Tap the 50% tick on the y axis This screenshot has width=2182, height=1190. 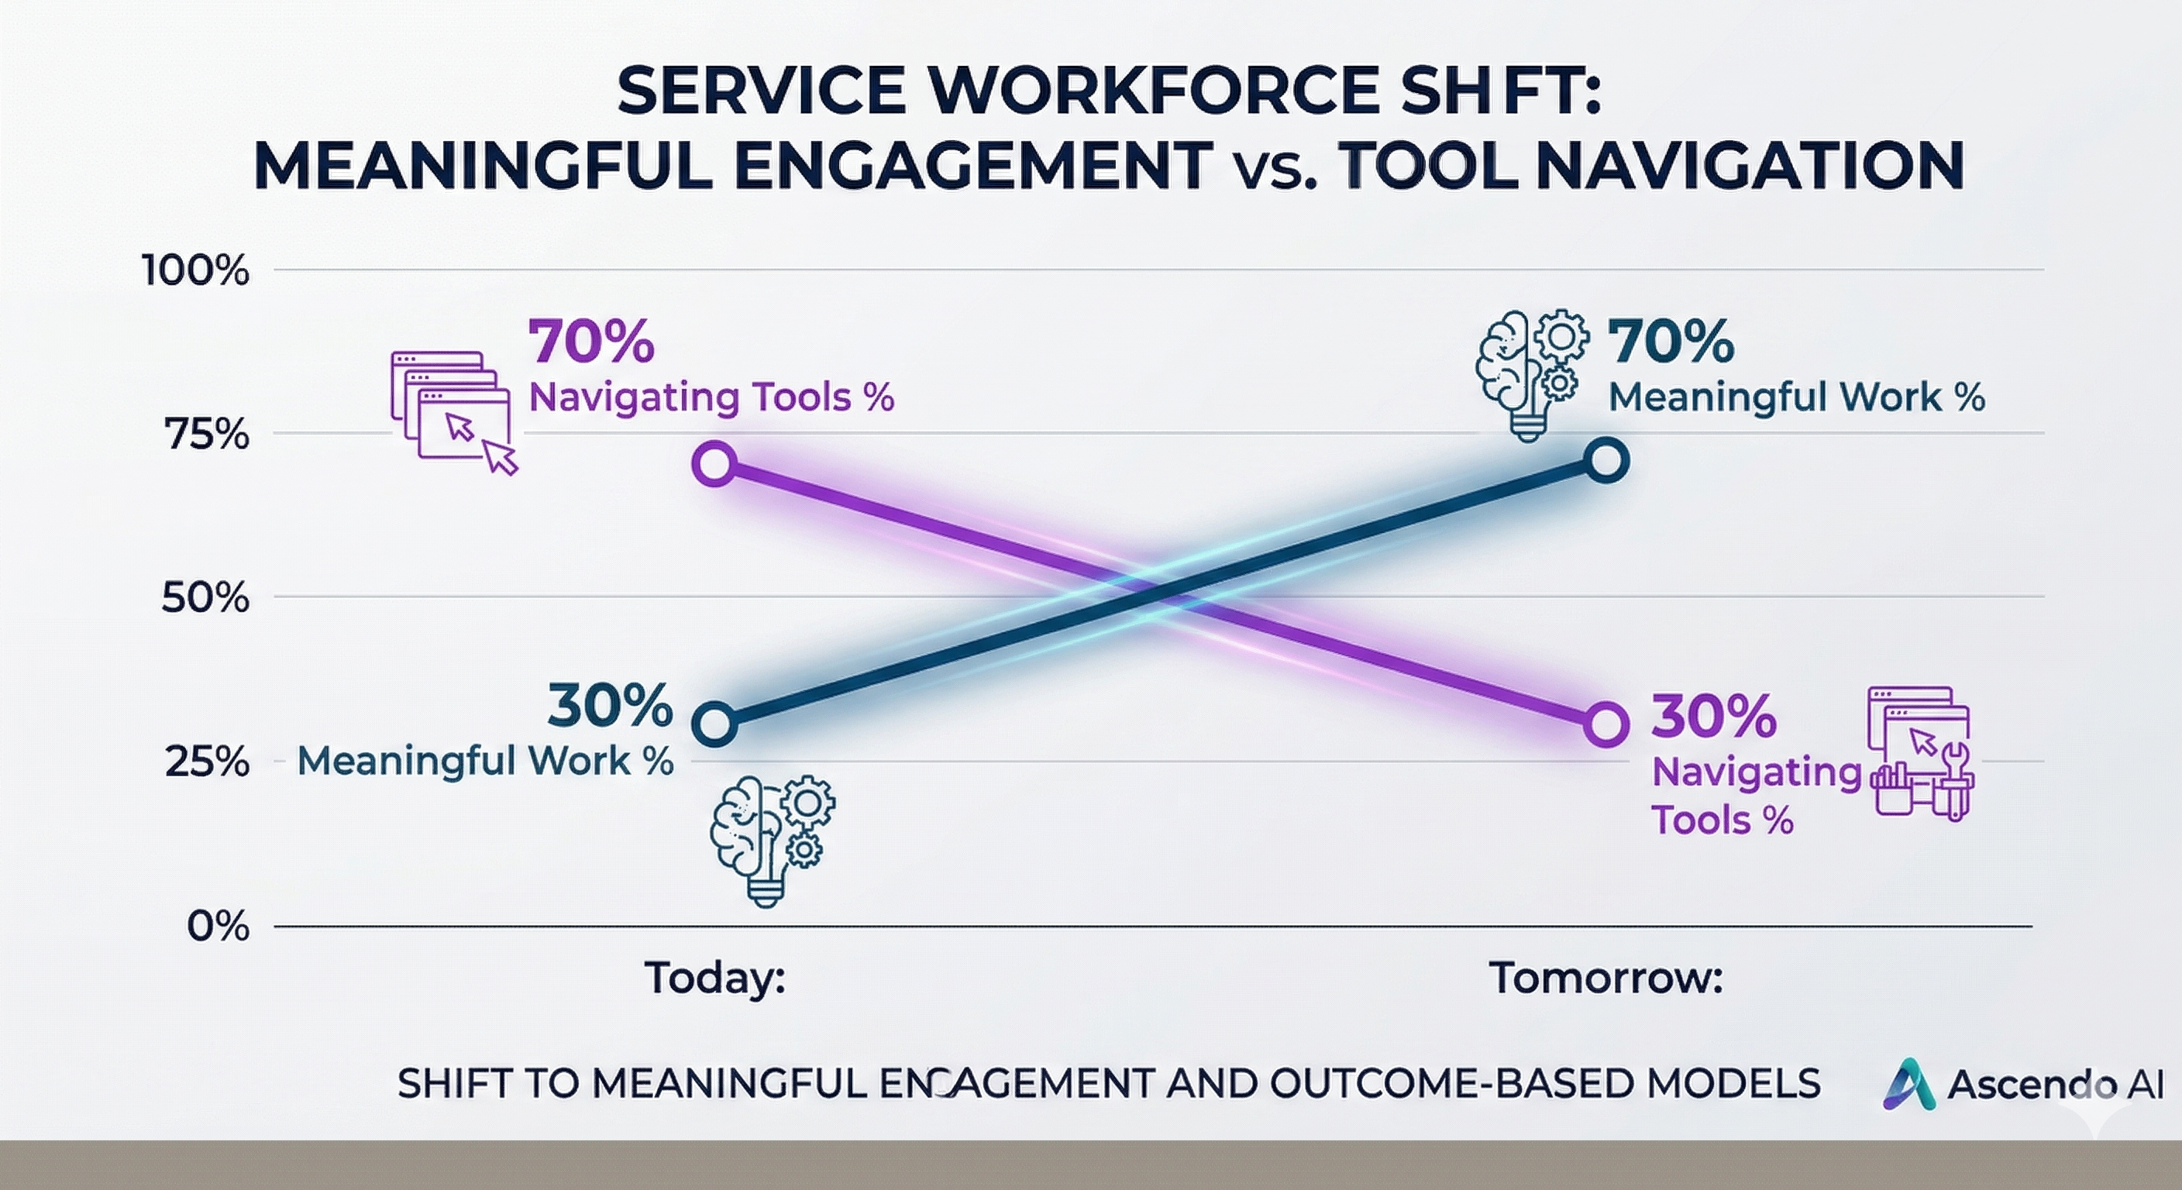pos(206,599)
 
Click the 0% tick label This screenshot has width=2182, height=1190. pos(219,927)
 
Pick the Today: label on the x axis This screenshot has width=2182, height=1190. pos(715,978)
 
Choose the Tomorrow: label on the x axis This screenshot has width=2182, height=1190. pos(1606,978)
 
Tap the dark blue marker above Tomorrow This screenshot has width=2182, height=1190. pos(1606,462)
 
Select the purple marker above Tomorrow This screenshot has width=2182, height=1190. pos(1606,725)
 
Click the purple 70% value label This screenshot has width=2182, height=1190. pos(591,342)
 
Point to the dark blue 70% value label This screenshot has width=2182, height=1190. pos(1671,342)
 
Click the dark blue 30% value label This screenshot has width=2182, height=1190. pos(610,707)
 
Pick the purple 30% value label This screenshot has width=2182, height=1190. pos(1713,717)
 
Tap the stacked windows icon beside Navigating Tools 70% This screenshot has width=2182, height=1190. pos(454,412)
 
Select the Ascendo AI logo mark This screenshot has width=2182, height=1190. pos(1909,1083)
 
